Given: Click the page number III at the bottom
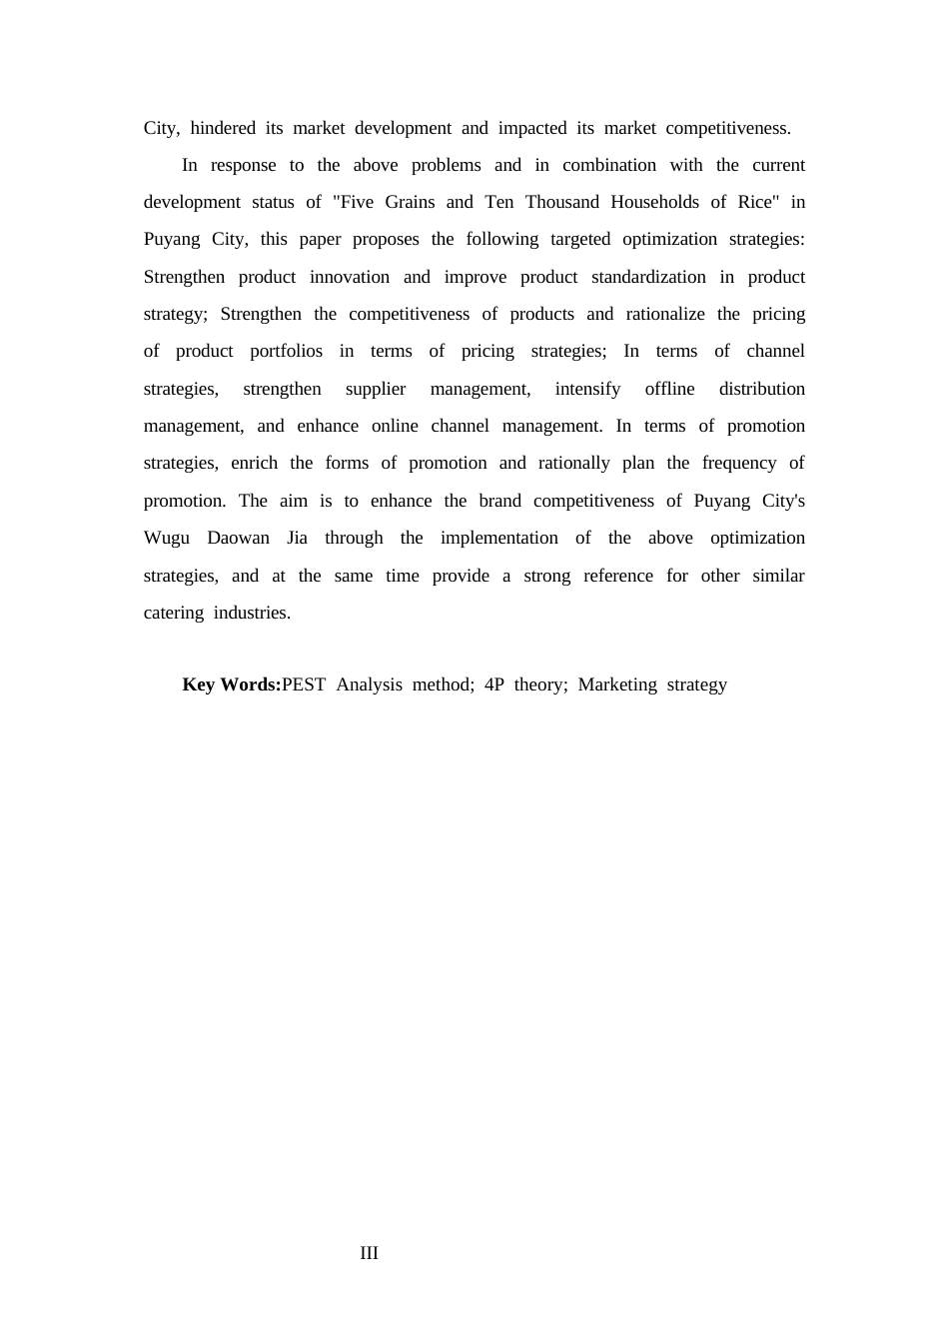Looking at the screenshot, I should coord(369,1253).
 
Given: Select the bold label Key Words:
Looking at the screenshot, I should coord(231,684).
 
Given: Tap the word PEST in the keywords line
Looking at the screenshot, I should coord(304,684).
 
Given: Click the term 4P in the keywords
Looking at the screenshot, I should coord(493,684).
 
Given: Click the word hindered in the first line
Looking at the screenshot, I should coord(223,128).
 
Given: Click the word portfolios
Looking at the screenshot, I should coord(286,351).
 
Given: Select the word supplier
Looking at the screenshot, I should coord(376,389).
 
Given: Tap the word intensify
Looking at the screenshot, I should coord(587,389).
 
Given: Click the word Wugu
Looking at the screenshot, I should coord(167,538).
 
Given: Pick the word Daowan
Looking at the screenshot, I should coord(238,538).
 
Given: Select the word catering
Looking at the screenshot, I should coord(174,613).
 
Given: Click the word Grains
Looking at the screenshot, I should coord(410,202).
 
